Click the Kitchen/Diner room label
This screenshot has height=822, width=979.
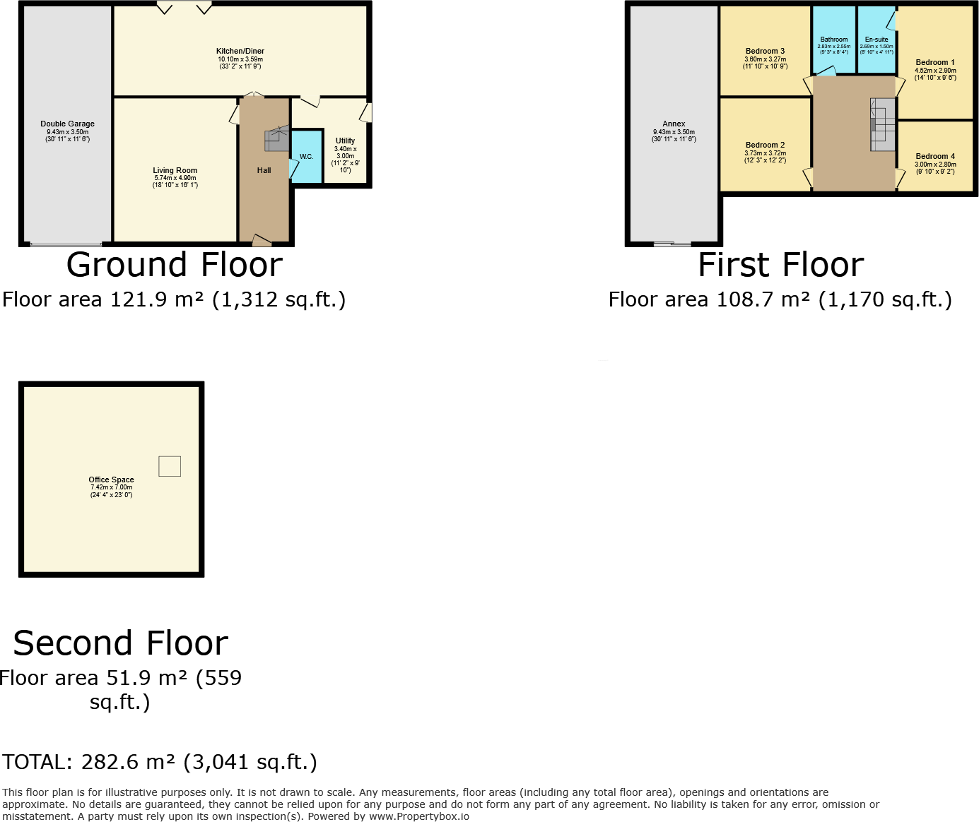click(240, 52)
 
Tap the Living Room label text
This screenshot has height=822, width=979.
click(175, 171)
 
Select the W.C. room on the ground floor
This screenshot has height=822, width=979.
click(306, 157)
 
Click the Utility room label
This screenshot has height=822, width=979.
click(345, 141)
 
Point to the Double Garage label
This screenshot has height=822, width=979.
click(67, 124)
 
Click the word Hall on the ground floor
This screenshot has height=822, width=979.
click(264, 171)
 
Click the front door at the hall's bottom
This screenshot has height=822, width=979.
click(262, 241)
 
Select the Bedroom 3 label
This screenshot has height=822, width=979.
click(765, 52)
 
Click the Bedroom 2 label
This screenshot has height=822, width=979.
click(765, 145)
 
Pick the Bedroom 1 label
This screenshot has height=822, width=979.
click(935, 63)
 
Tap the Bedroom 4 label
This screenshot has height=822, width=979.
click(935, 157)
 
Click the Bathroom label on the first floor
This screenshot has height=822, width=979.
click(834, 40)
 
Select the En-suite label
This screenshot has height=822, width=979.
click(877, 40)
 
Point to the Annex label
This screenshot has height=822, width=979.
click(674, 124)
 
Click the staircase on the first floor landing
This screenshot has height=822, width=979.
click(882, 124)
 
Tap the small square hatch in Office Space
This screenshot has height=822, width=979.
click(170, 466)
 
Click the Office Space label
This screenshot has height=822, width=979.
click(111, 480)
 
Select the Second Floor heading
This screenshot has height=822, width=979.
click(121, 643)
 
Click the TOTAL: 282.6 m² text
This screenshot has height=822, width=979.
click(160, 763)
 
